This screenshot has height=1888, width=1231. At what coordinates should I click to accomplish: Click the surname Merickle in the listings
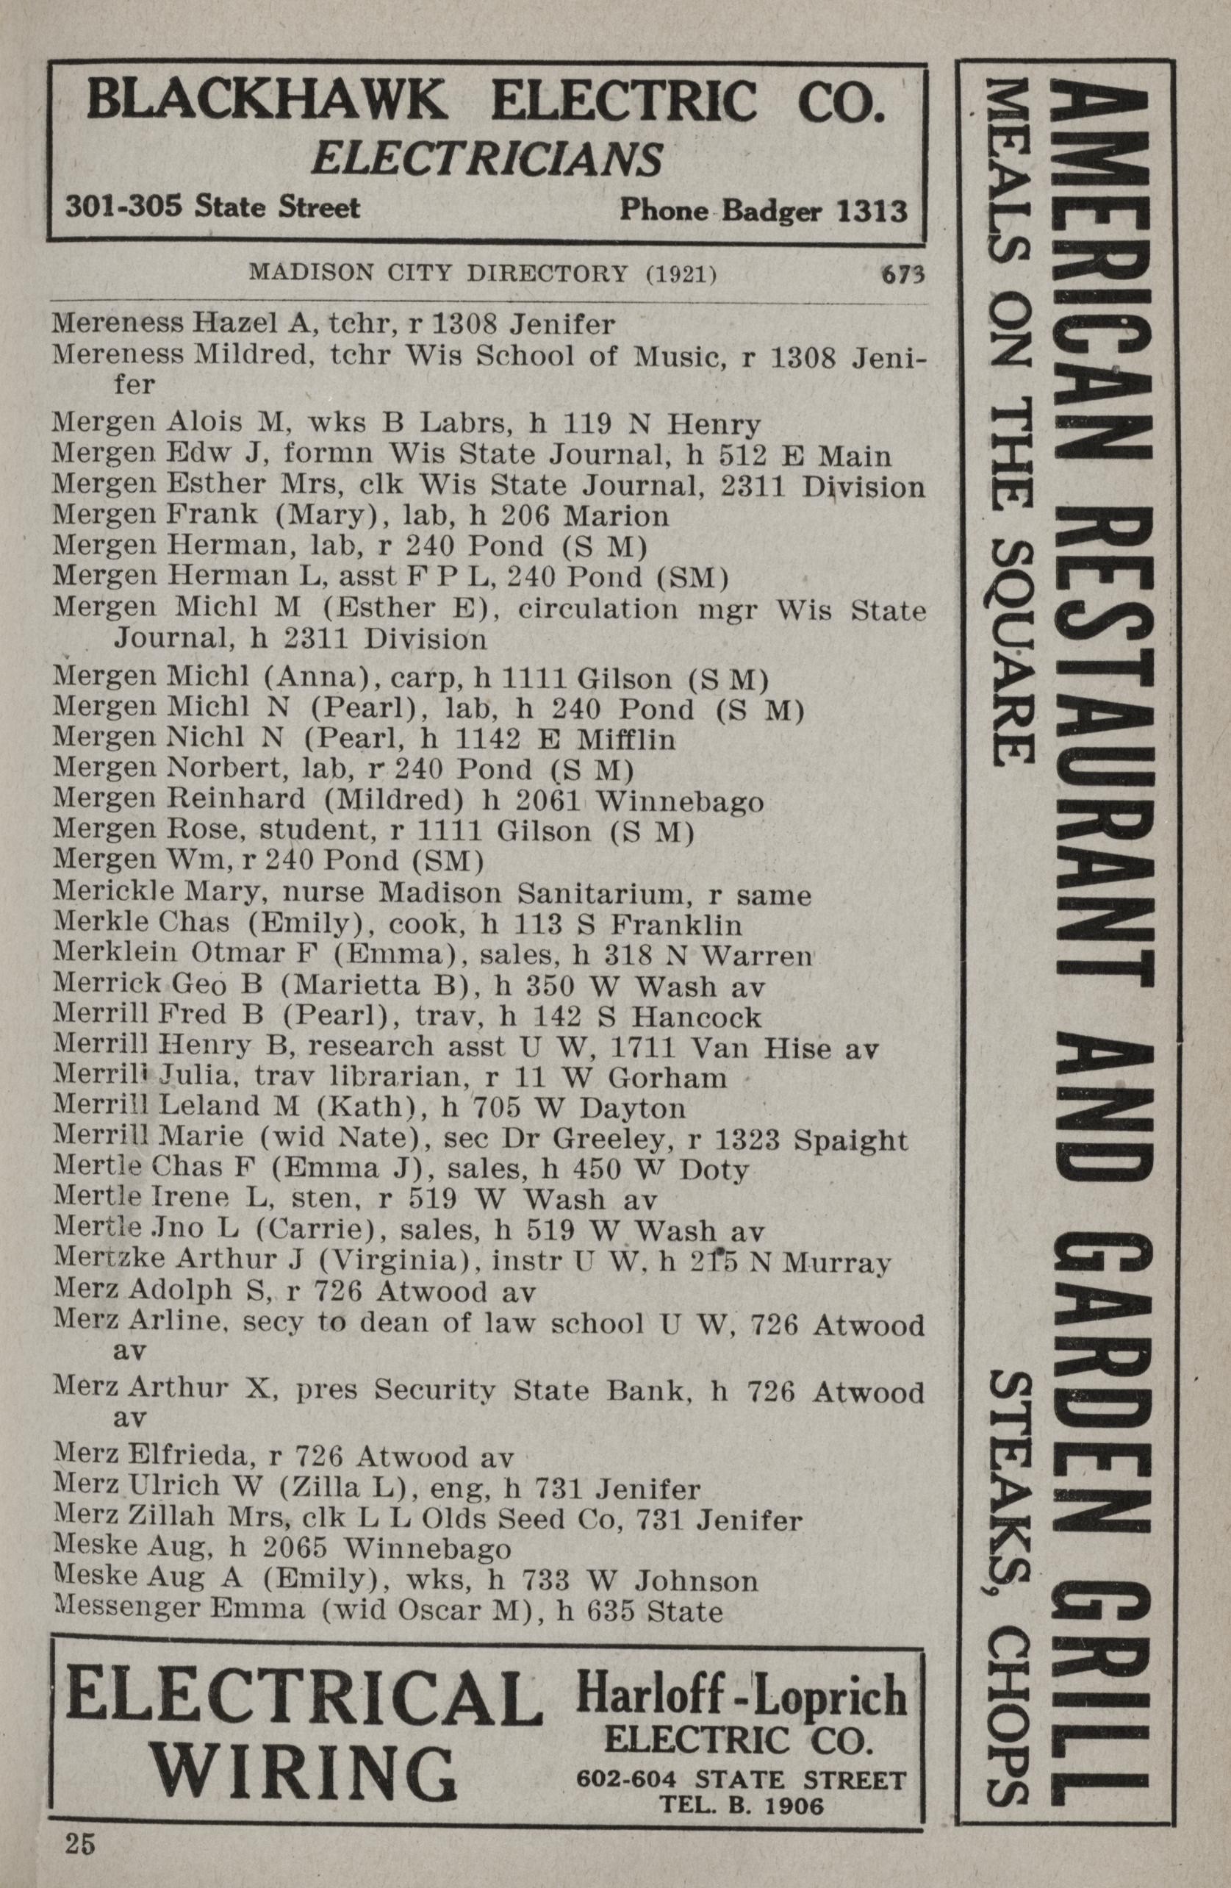pos(101,895)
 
